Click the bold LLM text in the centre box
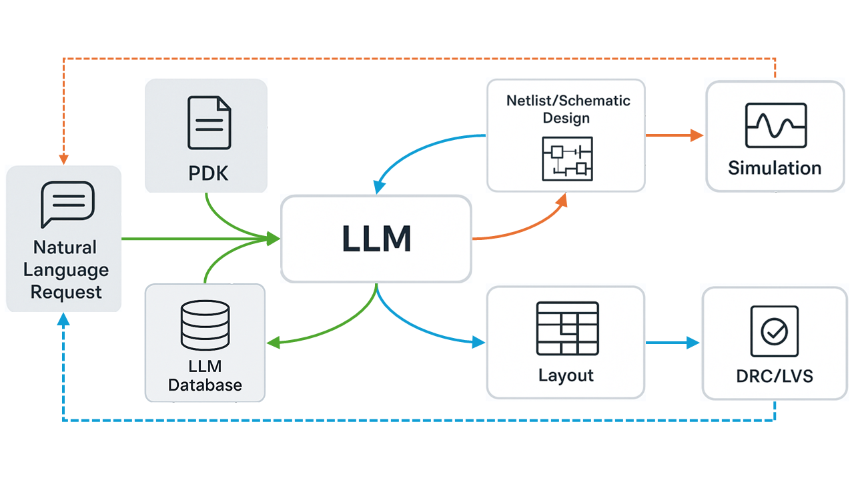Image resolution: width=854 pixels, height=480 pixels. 376,239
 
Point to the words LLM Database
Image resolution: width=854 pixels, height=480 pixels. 205,375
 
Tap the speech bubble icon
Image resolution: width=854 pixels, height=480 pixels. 67,204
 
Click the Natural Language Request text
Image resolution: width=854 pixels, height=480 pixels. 65,269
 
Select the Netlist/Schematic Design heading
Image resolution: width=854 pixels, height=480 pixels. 567,109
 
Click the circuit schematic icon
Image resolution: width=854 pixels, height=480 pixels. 566,159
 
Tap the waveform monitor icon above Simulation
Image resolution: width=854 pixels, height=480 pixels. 775,125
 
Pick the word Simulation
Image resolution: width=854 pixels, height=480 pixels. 775,167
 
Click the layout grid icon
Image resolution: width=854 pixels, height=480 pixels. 567,329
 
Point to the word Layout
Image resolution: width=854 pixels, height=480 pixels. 566,375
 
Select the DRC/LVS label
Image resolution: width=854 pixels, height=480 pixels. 774,376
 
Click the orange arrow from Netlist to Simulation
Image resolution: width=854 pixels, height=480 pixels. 674,135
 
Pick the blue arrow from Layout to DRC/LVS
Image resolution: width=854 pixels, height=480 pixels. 673,343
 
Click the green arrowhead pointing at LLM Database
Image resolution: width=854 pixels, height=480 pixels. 273,343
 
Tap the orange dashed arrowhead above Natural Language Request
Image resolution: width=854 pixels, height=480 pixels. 64,159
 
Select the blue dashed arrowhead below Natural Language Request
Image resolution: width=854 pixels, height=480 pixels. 63,319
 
